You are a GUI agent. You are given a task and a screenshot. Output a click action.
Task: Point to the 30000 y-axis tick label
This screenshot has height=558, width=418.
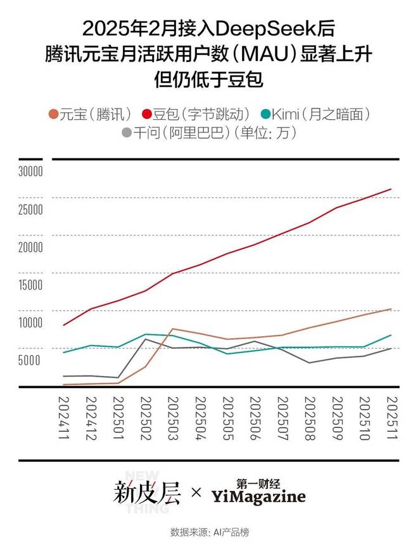pyautogui.click(x=30, y=171)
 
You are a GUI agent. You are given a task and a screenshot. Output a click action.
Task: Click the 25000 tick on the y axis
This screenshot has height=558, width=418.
pyautogui.click(x=30, y=209)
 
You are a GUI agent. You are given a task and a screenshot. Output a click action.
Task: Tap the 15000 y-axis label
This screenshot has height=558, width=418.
pyautogui.click(x=30, y=285)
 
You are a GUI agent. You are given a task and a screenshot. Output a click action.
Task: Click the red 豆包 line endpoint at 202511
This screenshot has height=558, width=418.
pyautogui.click(x=391, y=189)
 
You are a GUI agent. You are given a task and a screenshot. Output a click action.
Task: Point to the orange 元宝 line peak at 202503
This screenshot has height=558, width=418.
pyautogui.click(x=173, y=328)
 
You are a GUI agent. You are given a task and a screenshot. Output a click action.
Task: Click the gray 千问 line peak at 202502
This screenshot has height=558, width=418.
pyautogui.click(x=146, y=339)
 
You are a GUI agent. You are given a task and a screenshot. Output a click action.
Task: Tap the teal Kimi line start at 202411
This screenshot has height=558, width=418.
pyautogui.click(x=63, y=352)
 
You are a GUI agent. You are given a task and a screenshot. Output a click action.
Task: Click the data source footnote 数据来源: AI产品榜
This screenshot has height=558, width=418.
pyautogui.click(x=209, y=532)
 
